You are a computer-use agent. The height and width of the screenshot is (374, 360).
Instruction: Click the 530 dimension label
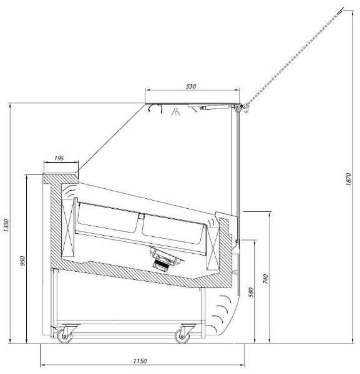[x=191, y=87]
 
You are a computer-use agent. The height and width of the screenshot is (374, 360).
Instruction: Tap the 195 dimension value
[x=59, y=158]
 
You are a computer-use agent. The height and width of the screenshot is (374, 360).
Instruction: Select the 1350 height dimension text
[x=6, y=225]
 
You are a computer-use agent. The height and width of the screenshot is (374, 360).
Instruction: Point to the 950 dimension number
[x=22, y=262]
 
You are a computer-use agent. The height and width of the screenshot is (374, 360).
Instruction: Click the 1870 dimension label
[x=348, y=180]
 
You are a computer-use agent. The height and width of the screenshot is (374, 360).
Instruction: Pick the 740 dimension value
[x=265, y=279]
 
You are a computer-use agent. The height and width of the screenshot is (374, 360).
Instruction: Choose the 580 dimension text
[x=251, y=292]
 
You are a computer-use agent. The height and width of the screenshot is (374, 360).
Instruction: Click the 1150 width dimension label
[x=140, y=361]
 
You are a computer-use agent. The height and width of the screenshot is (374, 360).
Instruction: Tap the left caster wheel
[x=65, y=337]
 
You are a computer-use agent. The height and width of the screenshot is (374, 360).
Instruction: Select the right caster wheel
[x=182, y=337]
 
